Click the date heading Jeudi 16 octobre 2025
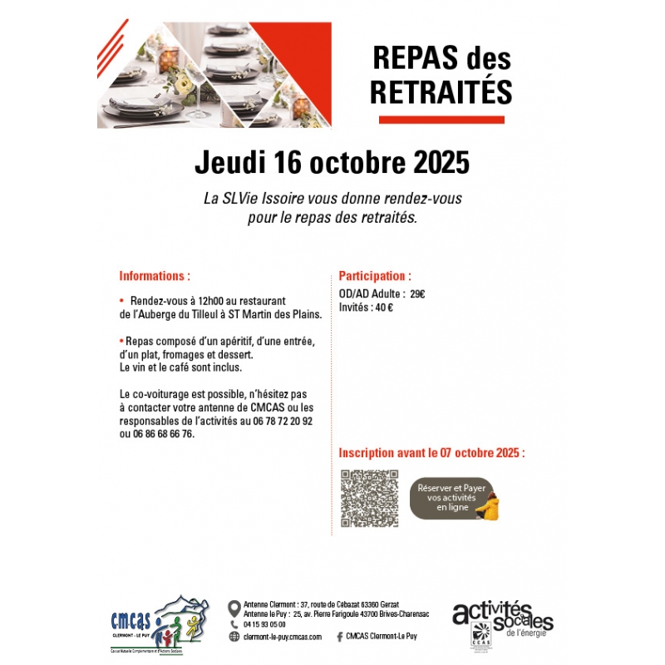332,163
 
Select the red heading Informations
154,275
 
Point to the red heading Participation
374,275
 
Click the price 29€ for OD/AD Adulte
417,293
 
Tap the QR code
370,499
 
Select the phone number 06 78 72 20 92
283,421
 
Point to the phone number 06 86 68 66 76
164,433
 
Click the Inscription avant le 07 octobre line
431,453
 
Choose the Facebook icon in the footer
339,636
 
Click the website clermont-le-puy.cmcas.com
282,636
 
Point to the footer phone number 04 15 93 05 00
264,624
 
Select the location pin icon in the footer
234,604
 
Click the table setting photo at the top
214,75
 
